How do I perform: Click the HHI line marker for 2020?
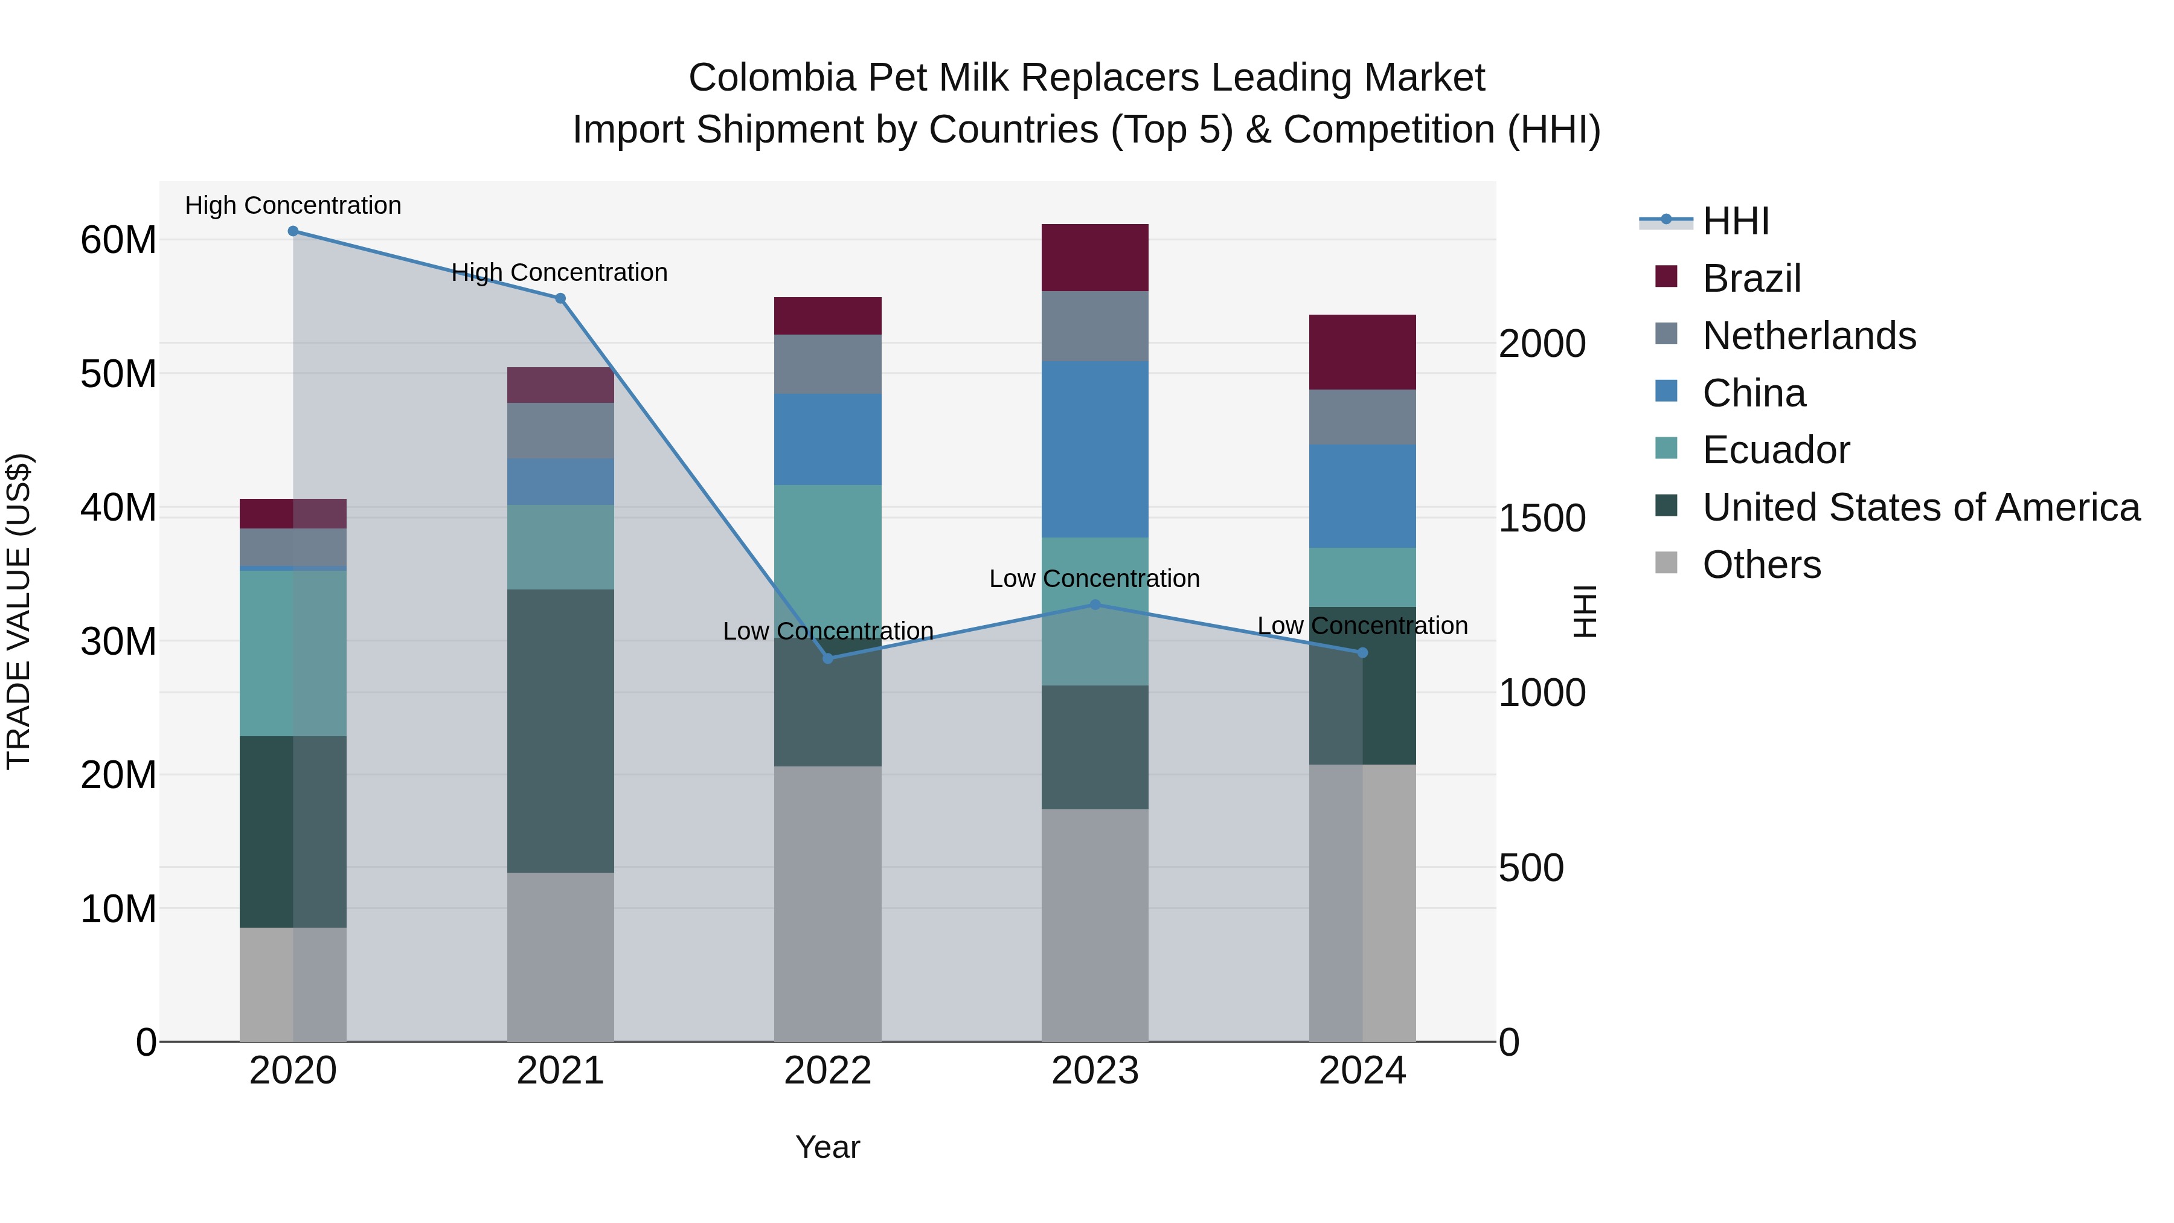293,231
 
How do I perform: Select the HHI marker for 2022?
828,658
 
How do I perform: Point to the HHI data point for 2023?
1095,605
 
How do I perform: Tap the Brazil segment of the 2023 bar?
1095,257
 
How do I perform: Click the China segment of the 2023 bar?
1095,449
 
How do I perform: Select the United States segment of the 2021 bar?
560,730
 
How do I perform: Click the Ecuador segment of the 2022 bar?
828,548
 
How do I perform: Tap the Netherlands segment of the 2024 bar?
1362,417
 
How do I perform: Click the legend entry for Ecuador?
1775,450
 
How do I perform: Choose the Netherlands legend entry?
1809,336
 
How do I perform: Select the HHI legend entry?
1735,221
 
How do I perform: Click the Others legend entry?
1762,565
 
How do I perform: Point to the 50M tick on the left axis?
118,374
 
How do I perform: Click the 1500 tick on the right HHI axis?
1542,518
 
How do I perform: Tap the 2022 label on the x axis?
828,1071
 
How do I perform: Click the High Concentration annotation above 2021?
560,272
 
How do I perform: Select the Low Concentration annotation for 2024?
1362,626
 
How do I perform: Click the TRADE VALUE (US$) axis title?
19,611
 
